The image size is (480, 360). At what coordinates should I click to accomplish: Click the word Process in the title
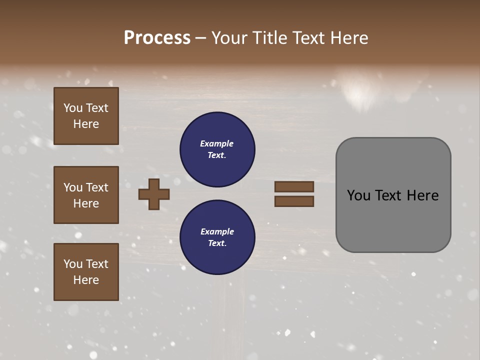[x=157, y=38]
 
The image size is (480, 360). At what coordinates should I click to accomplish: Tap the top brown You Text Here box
[x=86, y=116]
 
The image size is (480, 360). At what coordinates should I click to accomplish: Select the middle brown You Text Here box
[x=86, y=195]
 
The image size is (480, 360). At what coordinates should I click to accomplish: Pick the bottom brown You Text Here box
[x=86, y=272]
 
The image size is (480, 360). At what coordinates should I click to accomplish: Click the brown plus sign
[x=154, y=194]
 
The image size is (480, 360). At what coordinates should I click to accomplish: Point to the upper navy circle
[x=217, y=149]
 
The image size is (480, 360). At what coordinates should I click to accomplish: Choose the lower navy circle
[x=217, y=237]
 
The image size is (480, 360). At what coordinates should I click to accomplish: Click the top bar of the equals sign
[x=294, y=186]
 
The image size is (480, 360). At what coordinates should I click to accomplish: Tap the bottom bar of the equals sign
[x=294, y=201]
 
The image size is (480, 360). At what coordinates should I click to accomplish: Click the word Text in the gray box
[x=388, y=195]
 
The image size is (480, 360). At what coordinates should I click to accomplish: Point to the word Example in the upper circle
[x=216, y=143]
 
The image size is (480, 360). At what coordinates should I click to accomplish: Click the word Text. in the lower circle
[x=216, y=243]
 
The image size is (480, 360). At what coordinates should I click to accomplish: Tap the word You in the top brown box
[x=73, y=108]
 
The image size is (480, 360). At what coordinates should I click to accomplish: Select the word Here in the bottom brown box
[x=86, y=280]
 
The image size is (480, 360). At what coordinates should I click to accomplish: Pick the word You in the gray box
[x=358, y=195]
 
